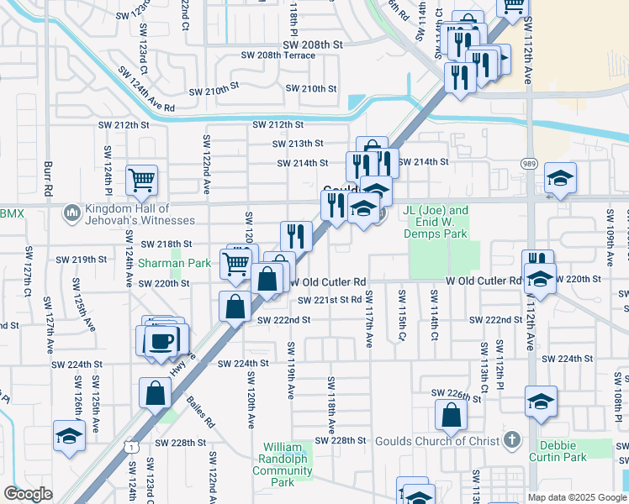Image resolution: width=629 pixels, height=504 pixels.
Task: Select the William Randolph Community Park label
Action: (x=288, y=465)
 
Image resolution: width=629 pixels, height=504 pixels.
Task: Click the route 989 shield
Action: (x=529, y=164)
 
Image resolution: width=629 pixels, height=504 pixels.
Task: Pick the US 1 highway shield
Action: (x=133, y=448)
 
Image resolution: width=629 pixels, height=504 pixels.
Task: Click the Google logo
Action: (x=28, y=494)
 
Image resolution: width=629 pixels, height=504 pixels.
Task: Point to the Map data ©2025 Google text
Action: (x=576, y=497)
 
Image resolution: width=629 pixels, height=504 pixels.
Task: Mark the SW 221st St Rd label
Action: (x=325, y=300)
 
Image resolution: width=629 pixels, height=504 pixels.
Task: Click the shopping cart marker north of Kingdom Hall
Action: (x=141, y=179)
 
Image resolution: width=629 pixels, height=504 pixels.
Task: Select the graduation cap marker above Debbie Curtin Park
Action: (x=540, y=401)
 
